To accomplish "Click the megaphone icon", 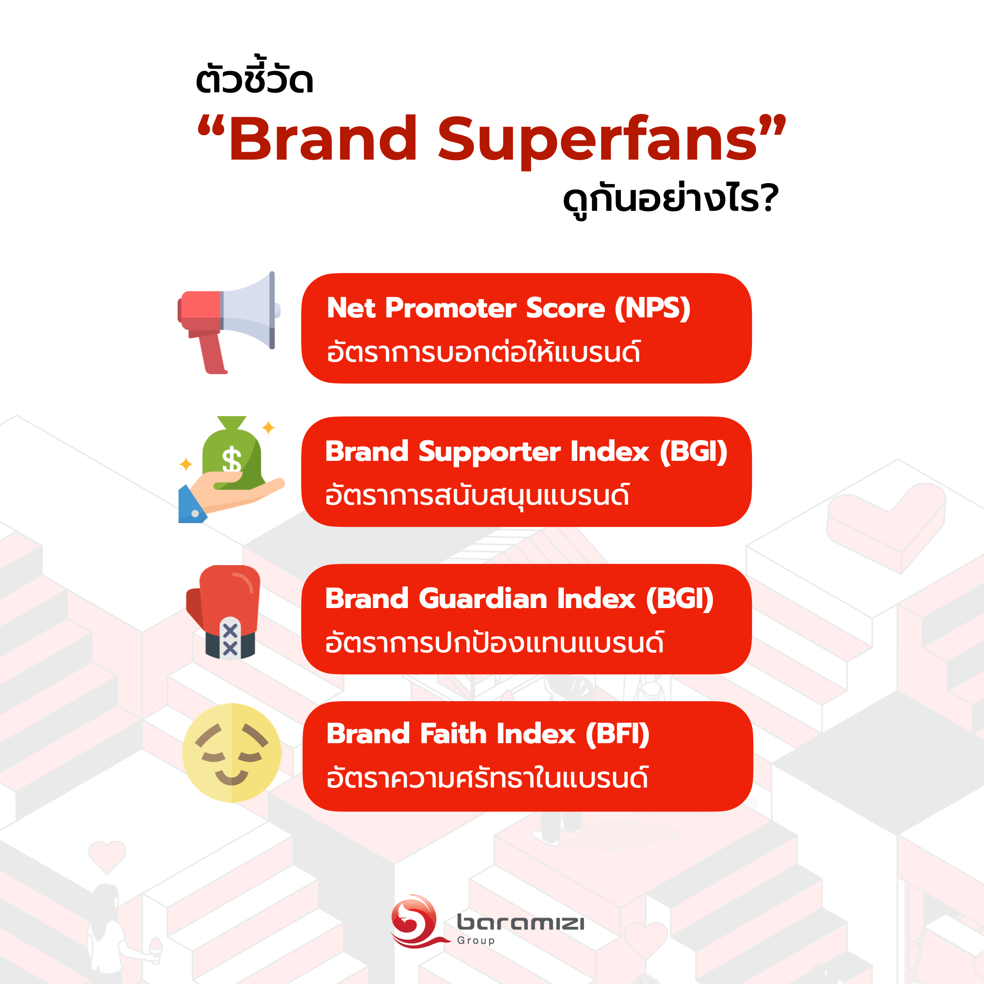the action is pos(229,322).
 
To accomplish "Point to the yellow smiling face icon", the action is pos(232,753).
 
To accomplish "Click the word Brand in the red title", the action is pos(323,138).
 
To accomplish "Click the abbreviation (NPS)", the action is pos(652,308).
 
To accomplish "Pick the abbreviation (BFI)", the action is pos(617,734).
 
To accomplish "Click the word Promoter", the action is pos(451,308).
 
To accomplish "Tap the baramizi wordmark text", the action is pos(520,922).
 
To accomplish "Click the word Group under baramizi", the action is pos(476,941).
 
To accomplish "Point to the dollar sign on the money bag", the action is pos(232,460).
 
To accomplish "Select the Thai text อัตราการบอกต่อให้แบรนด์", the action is pos(483,352).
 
